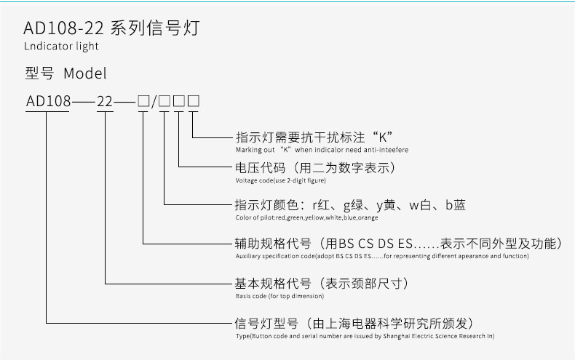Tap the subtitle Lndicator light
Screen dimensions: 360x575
click(60, 47)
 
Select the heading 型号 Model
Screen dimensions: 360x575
click(66, 73)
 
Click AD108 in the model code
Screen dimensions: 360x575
click(47, 101)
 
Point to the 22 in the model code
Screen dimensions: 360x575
click(105, 101)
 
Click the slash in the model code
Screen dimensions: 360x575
click(154, 101)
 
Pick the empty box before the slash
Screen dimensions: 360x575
click(143, 101)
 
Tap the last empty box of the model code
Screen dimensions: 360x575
click(194, 101)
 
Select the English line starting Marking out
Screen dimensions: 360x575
click(322, 150)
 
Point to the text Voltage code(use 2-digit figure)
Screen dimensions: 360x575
click(281, 180)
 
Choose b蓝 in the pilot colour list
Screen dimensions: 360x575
click(455, 206)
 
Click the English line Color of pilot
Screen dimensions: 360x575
click(306, 217)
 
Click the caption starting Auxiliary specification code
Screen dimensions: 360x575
click(382, 256)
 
